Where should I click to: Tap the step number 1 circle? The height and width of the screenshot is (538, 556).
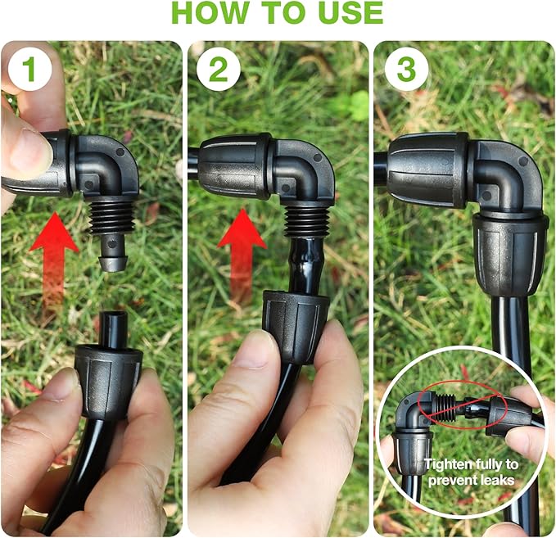coord(29,70)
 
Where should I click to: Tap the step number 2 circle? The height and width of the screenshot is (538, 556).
coord(218,70)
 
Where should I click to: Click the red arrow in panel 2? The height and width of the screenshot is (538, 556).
coord(242,246)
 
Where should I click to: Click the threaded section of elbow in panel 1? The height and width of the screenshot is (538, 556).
coord(109,217)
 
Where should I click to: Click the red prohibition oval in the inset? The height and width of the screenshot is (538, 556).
coord(463,409)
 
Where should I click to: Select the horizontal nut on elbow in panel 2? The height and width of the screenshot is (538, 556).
coord(233,166)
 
